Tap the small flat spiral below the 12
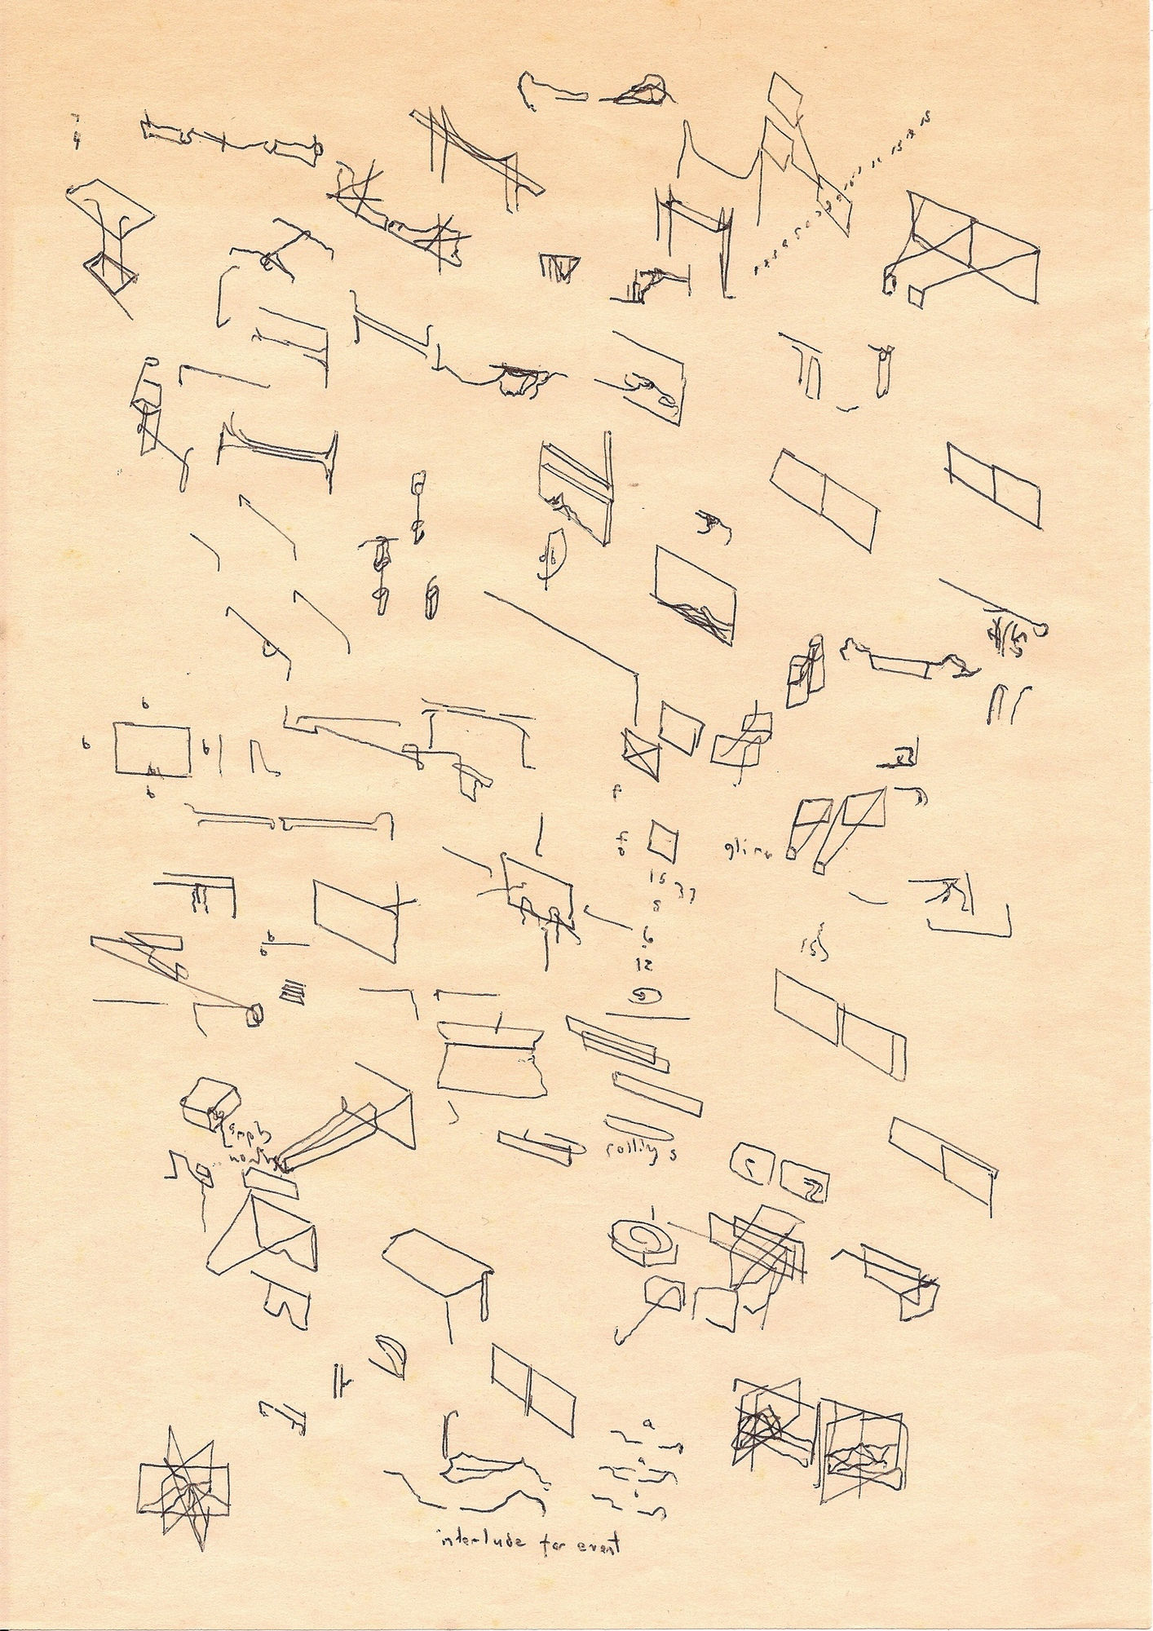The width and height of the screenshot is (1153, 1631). [x=649, y=994]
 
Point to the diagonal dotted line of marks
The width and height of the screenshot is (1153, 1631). [x=840, y=196]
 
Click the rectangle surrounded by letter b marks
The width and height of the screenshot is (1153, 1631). [x=152, y=749]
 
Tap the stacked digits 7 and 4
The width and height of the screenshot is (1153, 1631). [x=76, y=132]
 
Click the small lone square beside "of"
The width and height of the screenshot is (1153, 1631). [x=663, y=841]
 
